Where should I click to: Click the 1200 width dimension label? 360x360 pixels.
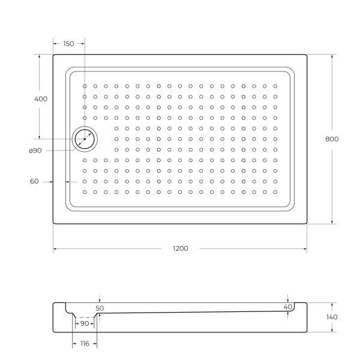coord(180,248)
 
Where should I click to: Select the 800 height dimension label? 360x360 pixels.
coord(332,139)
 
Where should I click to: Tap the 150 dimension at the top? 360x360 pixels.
coord(68,43)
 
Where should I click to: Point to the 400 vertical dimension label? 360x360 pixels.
coord(41,98)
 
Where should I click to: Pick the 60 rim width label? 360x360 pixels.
coord(34,181)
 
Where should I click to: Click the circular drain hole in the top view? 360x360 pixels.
coord(85,139)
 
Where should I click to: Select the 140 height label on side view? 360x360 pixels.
coord(332,317)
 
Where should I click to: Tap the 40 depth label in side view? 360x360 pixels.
coord(287,307)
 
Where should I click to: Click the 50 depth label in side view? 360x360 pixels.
coord(100,308)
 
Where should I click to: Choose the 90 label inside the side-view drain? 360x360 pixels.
coord(84,323)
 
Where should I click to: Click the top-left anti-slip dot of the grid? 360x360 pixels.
coord(85,86)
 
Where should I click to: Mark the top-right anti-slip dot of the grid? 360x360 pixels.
coord(275,86)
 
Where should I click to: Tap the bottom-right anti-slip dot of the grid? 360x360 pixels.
coord(275,192)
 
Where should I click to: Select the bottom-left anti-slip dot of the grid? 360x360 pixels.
coord(85,192)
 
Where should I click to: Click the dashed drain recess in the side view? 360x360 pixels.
coord(85,317)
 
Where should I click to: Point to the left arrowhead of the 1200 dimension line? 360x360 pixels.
coord(55,248)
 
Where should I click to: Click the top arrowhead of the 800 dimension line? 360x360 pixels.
coord(332,56)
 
